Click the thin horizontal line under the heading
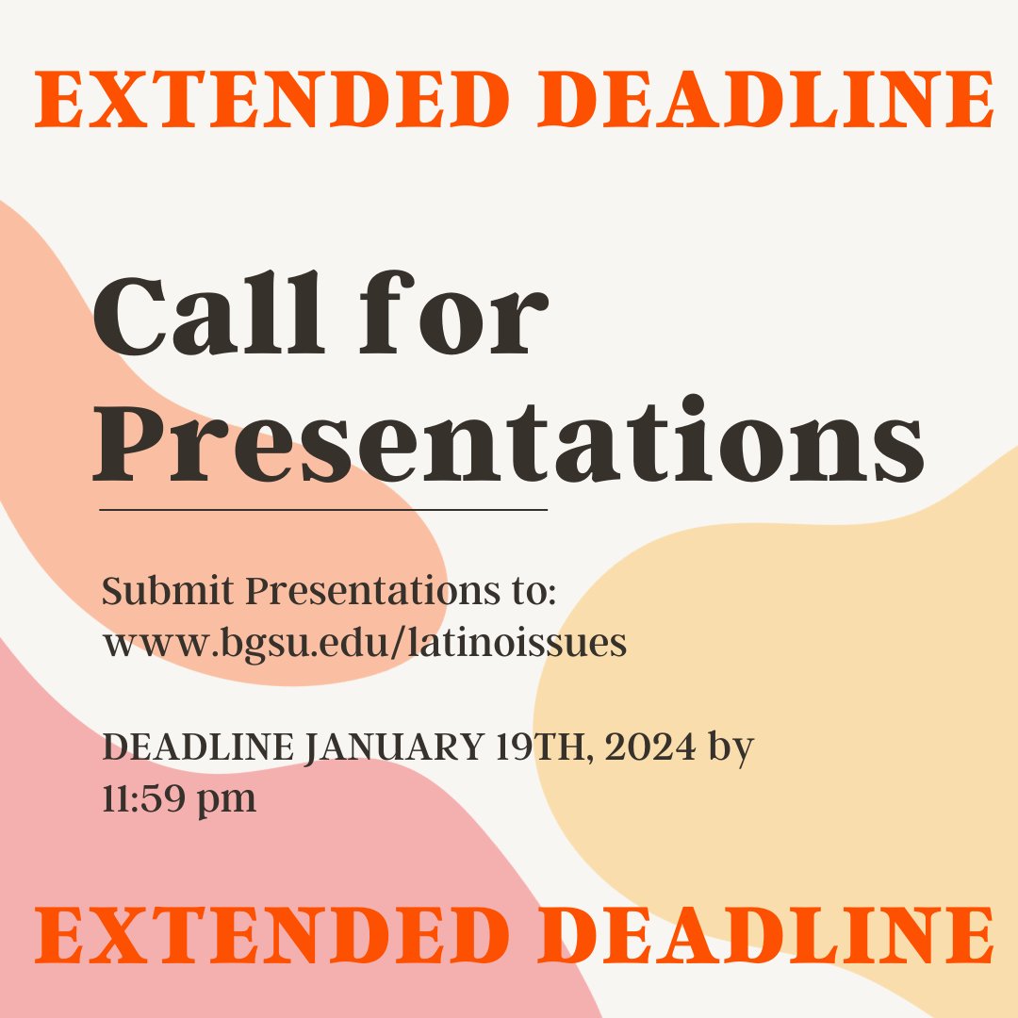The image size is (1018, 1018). tap(323, 510)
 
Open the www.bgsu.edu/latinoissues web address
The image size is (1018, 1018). tap(364, 644)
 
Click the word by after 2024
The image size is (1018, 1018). tap(731, 750)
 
